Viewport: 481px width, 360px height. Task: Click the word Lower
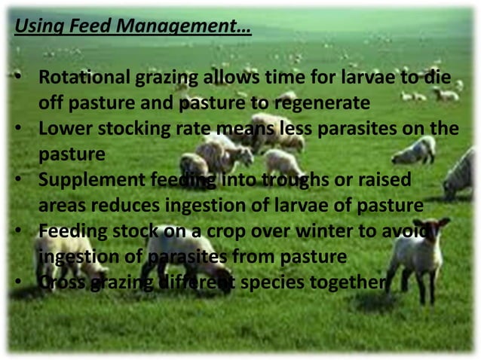click(x=63, y=129)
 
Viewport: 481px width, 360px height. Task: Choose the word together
click(x=353, y=282)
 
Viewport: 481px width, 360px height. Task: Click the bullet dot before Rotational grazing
click(x=17, y=78)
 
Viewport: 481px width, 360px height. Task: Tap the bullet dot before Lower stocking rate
click(x=17, y=129)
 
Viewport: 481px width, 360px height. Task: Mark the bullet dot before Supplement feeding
click(x=17, y=180)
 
